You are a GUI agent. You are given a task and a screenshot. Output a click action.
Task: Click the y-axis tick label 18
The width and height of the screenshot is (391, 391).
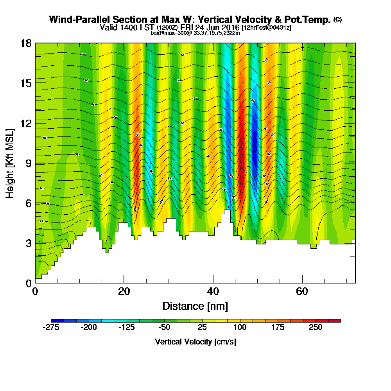point(26,43)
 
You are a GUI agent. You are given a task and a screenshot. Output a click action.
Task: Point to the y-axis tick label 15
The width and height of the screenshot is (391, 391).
point(26,83)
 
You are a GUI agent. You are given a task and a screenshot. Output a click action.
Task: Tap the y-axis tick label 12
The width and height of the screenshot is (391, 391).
point(26,123)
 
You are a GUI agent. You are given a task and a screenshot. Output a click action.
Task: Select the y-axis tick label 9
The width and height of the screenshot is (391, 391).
point(28,163)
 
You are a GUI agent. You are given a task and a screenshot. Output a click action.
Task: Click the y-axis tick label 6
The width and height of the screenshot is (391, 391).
point(28,203)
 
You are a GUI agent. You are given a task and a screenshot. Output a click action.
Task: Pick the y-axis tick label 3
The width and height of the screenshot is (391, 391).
point(28,243)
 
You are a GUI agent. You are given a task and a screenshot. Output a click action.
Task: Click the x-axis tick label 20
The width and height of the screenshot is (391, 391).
point(124,291)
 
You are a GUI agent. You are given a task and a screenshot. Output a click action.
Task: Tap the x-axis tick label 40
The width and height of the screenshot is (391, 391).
point(213,291)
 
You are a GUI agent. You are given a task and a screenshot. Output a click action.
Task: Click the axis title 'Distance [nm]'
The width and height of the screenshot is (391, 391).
point(195,306)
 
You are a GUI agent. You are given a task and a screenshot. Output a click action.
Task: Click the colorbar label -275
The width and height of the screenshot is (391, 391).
point(51,328)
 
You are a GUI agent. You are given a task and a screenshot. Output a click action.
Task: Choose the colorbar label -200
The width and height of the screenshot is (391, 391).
point(89,328)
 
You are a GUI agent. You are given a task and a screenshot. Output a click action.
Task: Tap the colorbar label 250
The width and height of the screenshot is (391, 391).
point(316,328)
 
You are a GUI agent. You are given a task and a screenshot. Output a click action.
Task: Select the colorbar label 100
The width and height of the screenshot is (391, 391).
point(240,328)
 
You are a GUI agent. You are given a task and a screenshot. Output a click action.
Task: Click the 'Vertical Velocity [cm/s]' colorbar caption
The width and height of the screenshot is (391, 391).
point(195,342)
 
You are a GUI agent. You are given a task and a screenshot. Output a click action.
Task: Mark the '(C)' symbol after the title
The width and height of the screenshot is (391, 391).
point(338,20)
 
